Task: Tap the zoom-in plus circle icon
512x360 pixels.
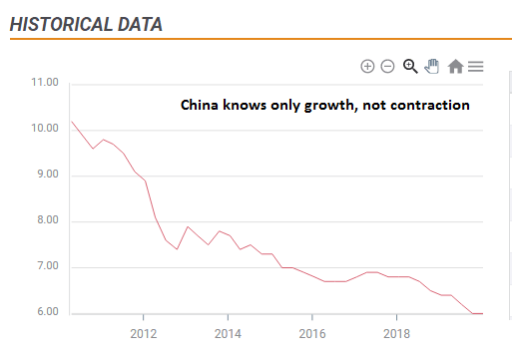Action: click(x=367, y=66)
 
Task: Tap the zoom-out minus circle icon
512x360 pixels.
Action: click(x=387, y=66)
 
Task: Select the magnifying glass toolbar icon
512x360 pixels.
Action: click(x=409, y=66)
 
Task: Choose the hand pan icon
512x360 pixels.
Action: click(x=432, y=66)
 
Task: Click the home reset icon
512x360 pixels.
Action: click(x=455, y=66)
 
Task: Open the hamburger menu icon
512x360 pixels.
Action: click(x=476, y=66)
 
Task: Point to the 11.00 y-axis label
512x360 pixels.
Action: click(x=45, y=83)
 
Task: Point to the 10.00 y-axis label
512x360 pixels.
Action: click(x=45, y=129)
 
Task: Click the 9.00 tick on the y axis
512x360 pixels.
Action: click(x=47, y=175)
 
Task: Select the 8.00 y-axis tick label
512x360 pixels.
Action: click(x=47, y=220)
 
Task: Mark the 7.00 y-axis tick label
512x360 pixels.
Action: click(x=47, y=266)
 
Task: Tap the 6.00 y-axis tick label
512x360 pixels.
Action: click(x=47, y=312)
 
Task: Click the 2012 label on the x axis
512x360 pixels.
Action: click(x=144, y=332)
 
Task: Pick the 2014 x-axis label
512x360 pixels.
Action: click(x=229, y=332)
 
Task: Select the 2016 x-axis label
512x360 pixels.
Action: click(x=313, y=332)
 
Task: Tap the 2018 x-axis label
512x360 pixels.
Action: click(x=398, y=332)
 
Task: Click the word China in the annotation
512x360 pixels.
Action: click(x=200, y=105)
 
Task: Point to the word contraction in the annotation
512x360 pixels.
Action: click(x=431, y=105)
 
